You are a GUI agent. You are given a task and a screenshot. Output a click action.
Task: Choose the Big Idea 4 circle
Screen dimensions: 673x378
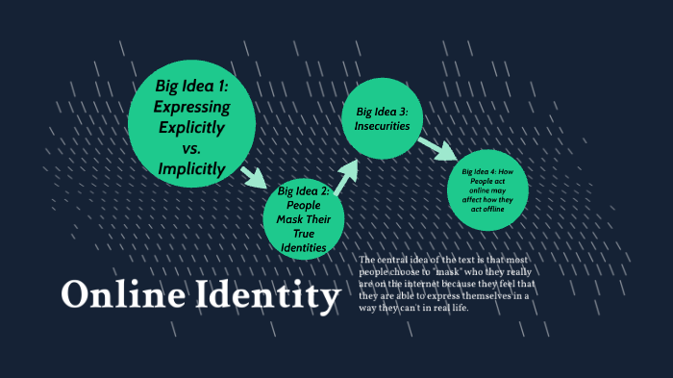[487, 189]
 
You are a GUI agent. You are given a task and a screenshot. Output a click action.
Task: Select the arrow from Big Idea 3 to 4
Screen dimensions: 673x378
[436, 149]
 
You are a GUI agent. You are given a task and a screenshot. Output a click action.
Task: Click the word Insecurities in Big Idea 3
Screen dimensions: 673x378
[383, 126]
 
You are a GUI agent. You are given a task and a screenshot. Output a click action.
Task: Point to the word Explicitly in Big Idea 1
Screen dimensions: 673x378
[191, 127]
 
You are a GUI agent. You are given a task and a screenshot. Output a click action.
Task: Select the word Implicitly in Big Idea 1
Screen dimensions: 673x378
[191, 169]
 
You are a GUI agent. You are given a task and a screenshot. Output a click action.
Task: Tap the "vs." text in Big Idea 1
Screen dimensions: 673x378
[191, 148]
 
